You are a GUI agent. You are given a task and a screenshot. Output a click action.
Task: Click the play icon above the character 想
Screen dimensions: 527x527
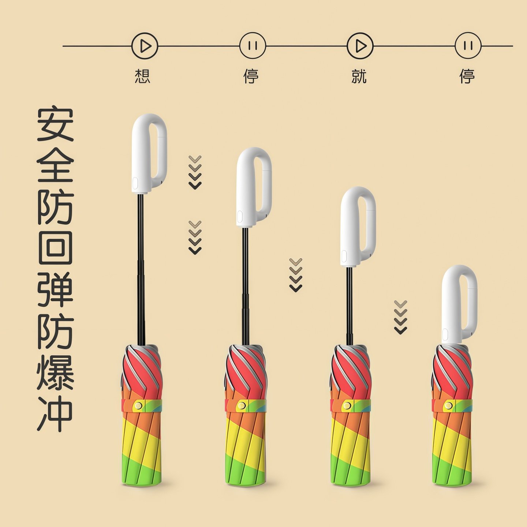145,46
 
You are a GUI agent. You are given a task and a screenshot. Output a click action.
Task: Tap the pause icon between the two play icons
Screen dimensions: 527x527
253,46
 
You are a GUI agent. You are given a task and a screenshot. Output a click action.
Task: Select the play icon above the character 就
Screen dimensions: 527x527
360,46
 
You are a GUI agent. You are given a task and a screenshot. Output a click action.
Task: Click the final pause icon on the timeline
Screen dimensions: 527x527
468,46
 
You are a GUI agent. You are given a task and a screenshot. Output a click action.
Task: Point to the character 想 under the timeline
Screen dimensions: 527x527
142,76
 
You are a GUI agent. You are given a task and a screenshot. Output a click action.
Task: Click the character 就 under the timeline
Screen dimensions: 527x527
359,76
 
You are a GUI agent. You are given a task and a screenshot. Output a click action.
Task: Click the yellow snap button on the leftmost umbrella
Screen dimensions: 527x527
139,405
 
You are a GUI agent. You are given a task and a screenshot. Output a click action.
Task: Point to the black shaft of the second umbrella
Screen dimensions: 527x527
245,285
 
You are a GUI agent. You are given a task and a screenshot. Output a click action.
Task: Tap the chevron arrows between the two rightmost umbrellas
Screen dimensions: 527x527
401,317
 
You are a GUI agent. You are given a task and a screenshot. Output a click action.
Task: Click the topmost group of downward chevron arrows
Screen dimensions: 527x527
195,172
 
